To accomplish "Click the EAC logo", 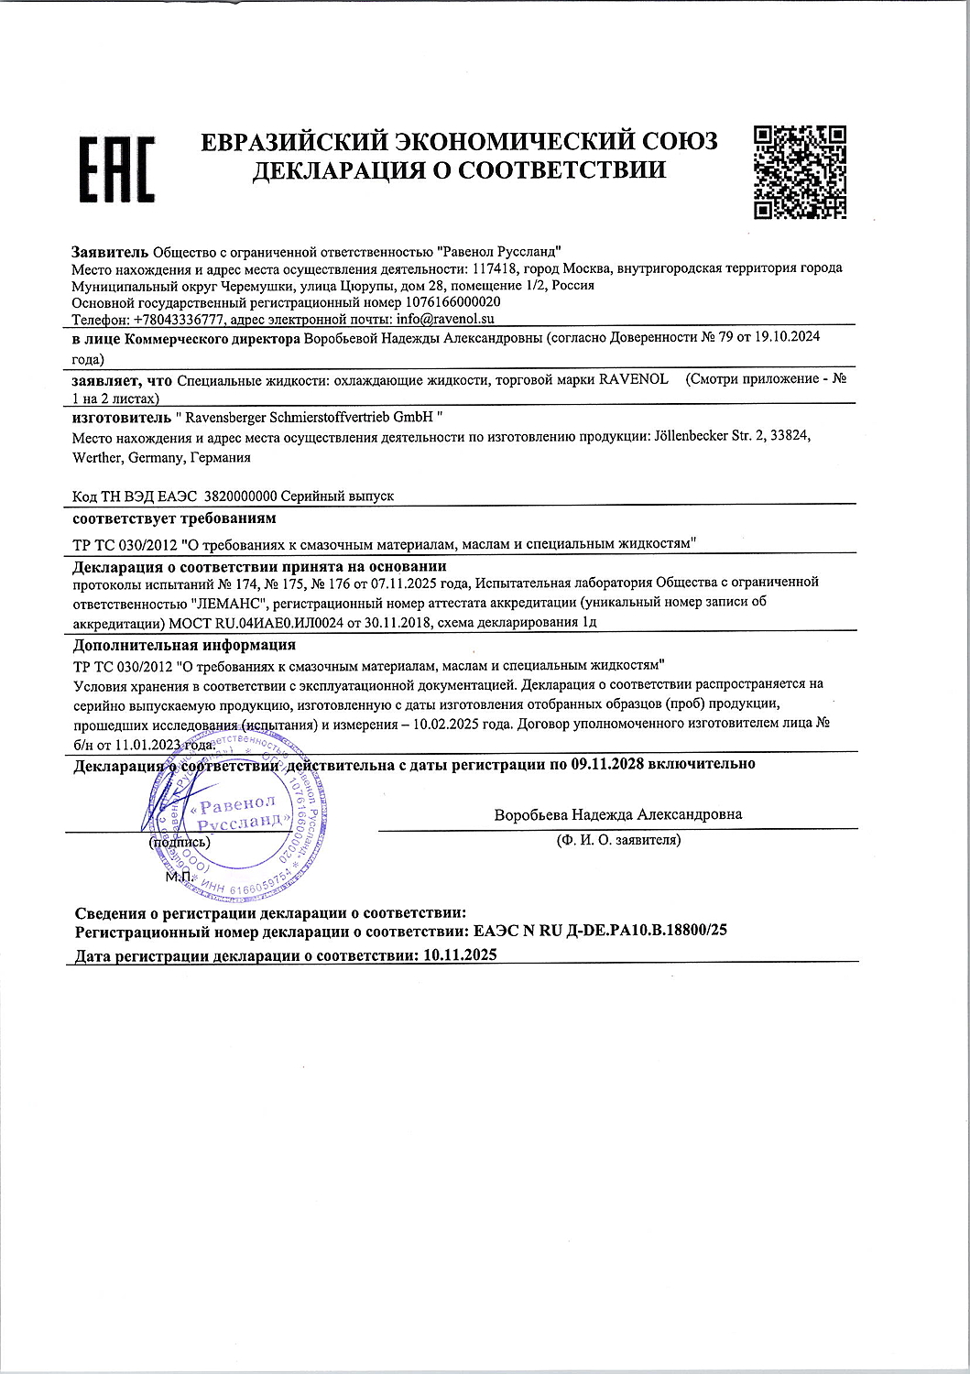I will (115, 169).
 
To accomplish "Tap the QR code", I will (800, 173).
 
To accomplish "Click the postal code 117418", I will (495, 267).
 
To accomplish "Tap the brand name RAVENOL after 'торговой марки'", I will (633, 378).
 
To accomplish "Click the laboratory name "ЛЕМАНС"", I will (232, 601).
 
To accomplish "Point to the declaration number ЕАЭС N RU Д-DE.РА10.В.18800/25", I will (596, 931).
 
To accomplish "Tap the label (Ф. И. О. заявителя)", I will (618, 839).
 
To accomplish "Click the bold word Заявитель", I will (109, 250).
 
